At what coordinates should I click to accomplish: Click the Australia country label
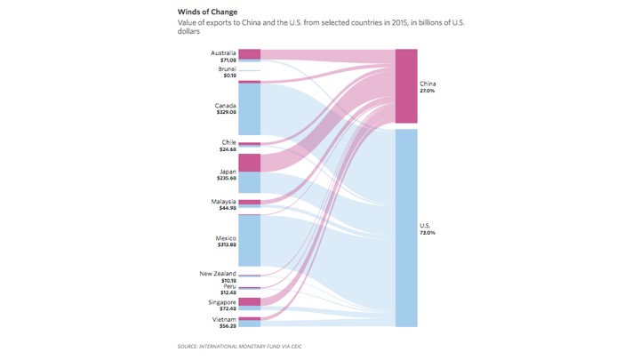click(x=223, y=52)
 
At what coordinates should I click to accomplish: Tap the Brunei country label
click(x=227, y=68)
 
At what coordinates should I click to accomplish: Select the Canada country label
click(x=225, y=106)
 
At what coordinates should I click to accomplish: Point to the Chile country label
click(x=228, y=142)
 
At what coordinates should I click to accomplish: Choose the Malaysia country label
click(x=223, y=202)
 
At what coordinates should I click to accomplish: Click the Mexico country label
click(x=226, y=238)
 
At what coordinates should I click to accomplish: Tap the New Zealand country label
click(x=219, y=273)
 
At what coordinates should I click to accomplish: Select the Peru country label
click(x=229, y=286)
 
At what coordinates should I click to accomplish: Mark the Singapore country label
click(x=222, y=302)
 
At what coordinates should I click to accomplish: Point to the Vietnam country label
click(x=224, y=319)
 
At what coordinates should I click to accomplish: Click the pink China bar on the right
click(x=406, y=86)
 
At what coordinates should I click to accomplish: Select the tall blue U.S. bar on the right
click(x=406, y=228)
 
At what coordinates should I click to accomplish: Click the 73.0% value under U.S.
click(x=428, y=232)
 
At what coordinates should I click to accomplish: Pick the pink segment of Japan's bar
click(x=250, y=163)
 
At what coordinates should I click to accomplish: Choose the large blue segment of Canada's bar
click(x=250, y=109)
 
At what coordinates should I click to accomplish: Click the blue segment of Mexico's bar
click(x=250, y=240)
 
